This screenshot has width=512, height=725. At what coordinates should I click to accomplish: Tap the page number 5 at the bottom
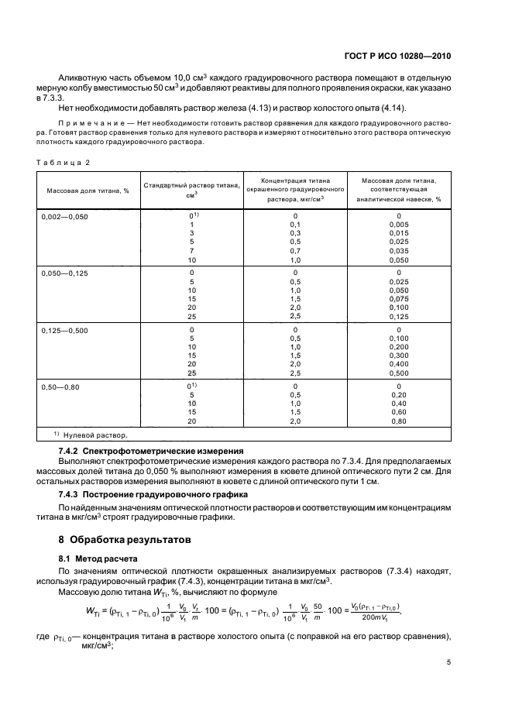tap(449, 662)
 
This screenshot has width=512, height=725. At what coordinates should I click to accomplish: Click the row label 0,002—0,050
tap(65, 217)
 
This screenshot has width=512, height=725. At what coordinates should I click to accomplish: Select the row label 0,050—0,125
tap(65, 273)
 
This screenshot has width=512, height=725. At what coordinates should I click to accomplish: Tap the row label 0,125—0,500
tap(65, 330)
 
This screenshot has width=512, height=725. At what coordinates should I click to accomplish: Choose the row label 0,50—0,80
tap(62, 386)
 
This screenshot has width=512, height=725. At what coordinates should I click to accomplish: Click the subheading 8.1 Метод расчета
tap(99, 558)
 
